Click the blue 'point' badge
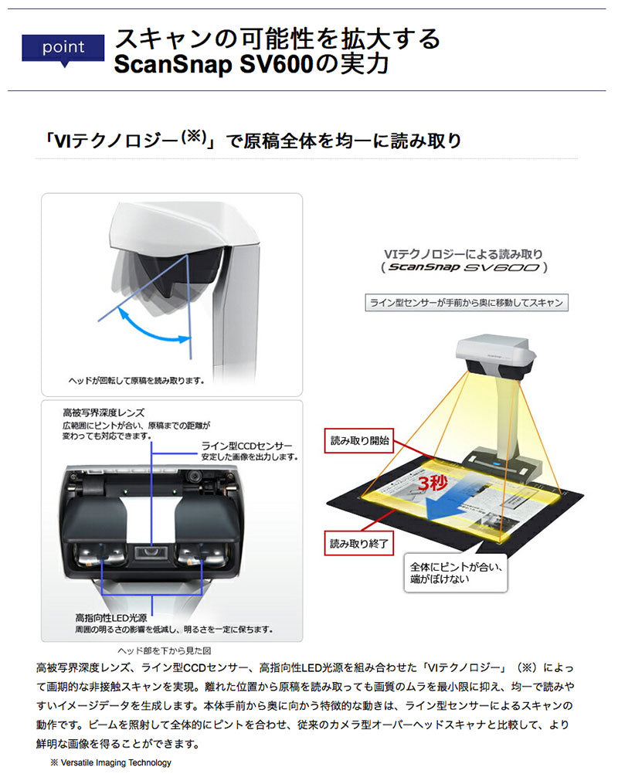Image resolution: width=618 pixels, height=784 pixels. click(63, 47)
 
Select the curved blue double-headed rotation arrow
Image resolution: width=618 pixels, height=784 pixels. click(155, 325)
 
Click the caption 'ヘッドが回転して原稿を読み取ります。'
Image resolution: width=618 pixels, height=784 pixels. click(135, 380)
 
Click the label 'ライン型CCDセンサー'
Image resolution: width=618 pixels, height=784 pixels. click(246, 446)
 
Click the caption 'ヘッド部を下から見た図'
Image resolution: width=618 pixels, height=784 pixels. click(162, 650)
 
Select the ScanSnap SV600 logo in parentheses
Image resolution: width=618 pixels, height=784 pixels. click(467, 268)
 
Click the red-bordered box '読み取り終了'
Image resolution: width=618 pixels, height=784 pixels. click(359, 543)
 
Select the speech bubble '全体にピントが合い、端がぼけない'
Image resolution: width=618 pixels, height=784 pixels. click(456, 572)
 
